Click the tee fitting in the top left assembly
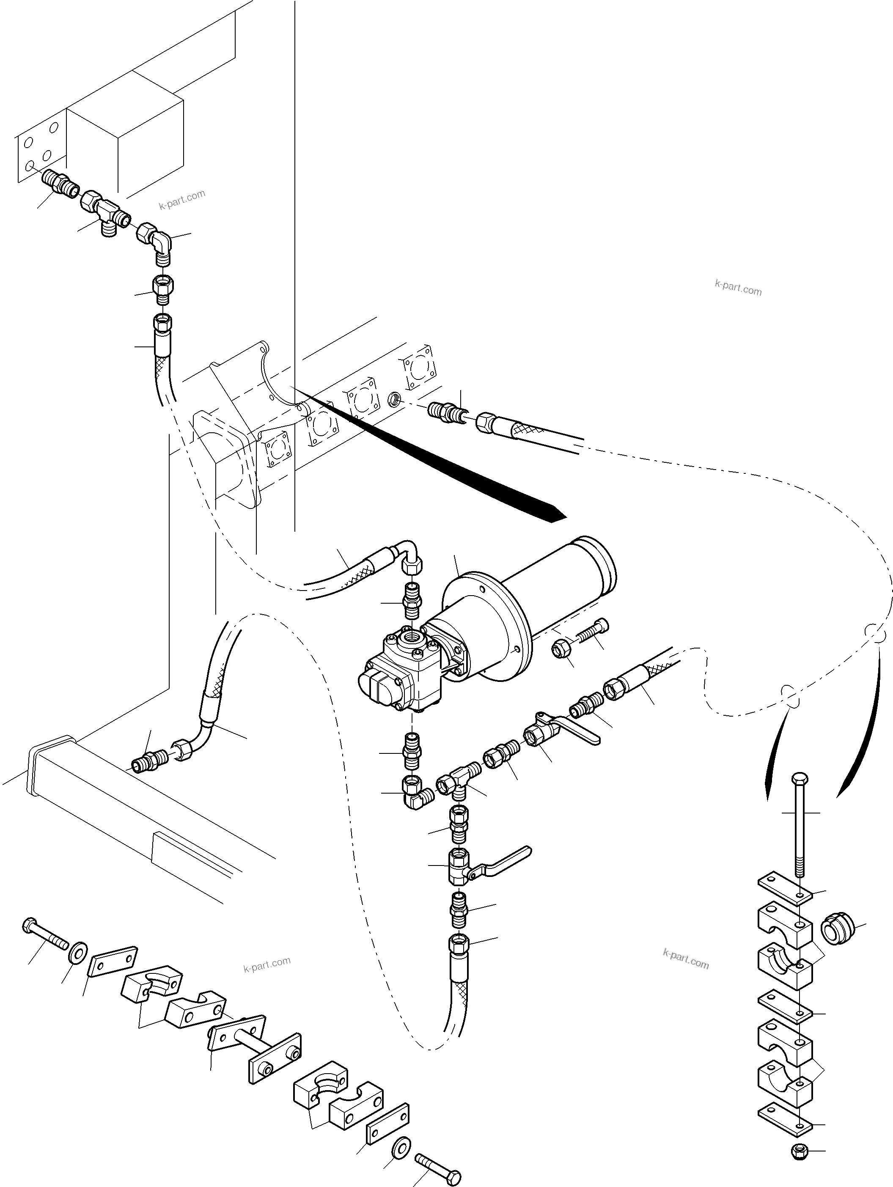(x=106, y=214)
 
